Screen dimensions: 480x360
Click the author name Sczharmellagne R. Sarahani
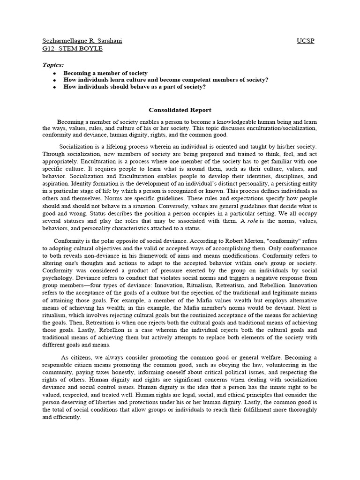[x=82, y=41]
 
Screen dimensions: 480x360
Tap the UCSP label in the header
[x=306, y=41]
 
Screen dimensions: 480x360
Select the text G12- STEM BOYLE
[x=72, y=48]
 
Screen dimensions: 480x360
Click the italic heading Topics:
[x=53, y=65]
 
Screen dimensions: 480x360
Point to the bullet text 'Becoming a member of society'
[x=105, y=73]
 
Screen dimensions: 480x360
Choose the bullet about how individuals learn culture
[x=166, y=80]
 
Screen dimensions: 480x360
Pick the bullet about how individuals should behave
[x=135, y=87]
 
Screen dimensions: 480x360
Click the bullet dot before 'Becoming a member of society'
[x=55, y=74]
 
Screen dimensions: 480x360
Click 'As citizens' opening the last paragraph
[x=77, y=358]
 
